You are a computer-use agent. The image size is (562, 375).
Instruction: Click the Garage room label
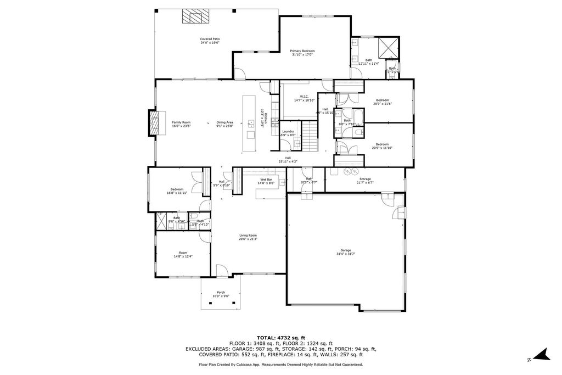[x=346, y=251]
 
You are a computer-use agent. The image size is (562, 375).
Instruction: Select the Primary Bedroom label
[x=302, y=52]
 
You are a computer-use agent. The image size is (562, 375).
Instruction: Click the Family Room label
[x=181, y=124]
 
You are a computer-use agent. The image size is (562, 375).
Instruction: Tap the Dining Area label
[x=225, y=124]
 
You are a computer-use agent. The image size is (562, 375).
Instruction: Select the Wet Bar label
[x=266, y=181]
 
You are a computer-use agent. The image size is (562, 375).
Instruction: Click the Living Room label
[x=248, y=237]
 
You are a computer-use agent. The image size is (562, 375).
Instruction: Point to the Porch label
[x=221, y=294]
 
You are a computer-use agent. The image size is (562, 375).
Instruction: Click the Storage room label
[x=365, y=180]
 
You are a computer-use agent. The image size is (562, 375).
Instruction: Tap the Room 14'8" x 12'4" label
[x=183, y=254]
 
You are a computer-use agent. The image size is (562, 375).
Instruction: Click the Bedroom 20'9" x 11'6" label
[x=383, y=102]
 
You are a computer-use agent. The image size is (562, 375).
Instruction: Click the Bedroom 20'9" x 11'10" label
[x=383, y=146]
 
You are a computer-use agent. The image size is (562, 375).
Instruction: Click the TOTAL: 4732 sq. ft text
[x=280, y=338]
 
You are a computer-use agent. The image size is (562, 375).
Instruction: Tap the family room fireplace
[x=153, y=123]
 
